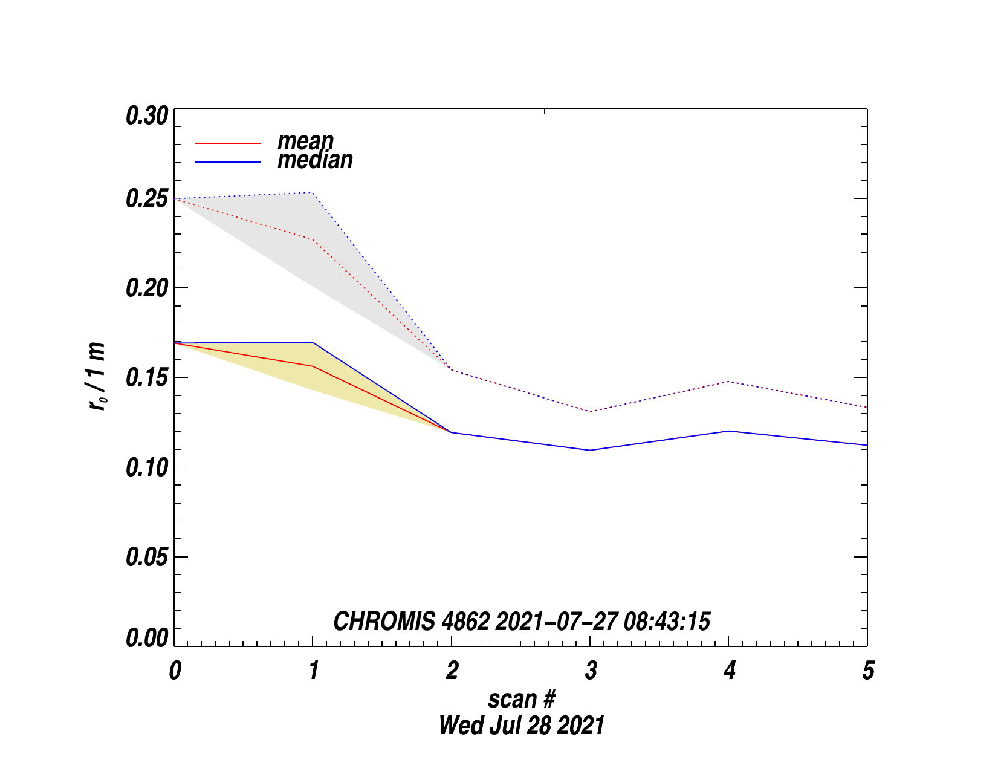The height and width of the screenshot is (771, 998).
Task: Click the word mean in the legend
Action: [x=305, y=142]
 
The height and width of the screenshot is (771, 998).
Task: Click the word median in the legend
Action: [x=315, y=160]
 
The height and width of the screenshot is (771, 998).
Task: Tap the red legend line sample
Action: [x=228, y=143]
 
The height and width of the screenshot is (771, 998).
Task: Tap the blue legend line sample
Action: [x=228, y=162]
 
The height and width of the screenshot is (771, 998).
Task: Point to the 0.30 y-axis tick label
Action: [x=146, y=115]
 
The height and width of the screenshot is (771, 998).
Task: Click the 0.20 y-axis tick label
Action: [x=146, y=288]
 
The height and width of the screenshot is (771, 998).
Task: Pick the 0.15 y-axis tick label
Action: [x=146, y=378]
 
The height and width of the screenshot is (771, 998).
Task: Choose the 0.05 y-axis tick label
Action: [x=146, y=557]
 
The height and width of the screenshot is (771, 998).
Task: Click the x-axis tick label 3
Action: [x=591, y=671]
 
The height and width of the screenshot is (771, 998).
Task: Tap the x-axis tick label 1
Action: [x=313, y=671]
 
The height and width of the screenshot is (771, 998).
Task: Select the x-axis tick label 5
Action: [x=868, y=671]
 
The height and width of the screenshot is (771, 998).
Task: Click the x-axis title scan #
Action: [x=521, y=699]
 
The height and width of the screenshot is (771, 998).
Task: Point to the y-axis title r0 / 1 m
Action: [x=97, y=377]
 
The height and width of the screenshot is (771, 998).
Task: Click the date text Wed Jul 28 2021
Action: [x=521, y=726]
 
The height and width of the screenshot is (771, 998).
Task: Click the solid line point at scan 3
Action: [x=590, y=450]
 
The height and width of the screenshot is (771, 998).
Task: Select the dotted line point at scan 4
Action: [x=729, y=382]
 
